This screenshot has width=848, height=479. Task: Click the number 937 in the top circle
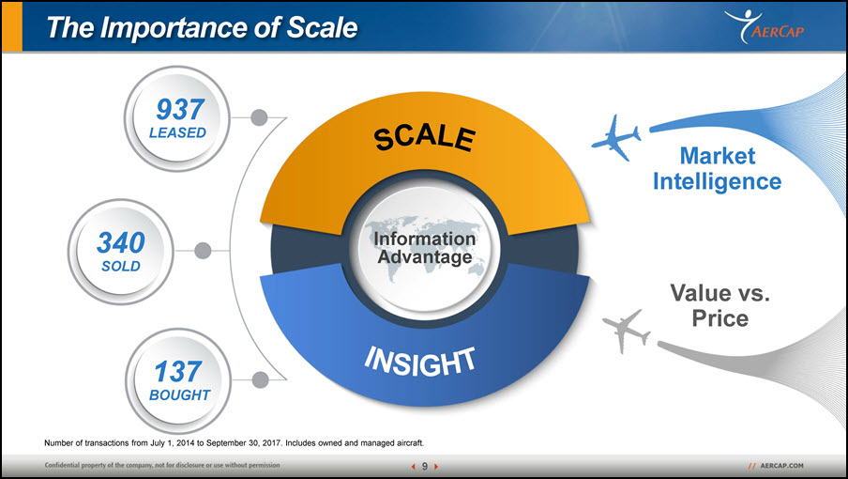pos(181,109)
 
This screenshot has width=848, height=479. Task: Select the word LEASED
pos(177,132)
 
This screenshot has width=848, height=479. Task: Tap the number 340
pos(121,242)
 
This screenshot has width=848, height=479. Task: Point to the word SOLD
pos(121,266)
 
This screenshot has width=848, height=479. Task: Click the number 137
pos(178,372)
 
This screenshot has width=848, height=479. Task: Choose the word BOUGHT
pos(179,395)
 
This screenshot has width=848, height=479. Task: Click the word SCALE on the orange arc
pos(425,137)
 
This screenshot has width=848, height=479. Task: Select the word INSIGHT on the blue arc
pos(420,362)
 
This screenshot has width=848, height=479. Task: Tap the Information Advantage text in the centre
pos(425,247)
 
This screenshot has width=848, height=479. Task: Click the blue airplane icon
pos(616,138)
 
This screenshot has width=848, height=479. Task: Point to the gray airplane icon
pos(627,332)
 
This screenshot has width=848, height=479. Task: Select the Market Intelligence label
pos(717,168)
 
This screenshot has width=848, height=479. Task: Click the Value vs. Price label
pos(719,305)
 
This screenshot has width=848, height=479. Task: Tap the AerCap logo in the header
pos(765,26)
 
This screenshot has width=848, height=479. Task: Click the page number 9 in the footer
pos(425,466)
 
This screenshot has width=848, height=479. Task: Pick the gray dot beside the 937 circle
pos(259,117)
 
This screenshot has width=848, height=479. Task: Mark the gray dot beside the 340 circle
pos(203,251)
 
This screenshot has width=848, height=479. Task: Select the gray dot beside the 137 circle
pos(260,380)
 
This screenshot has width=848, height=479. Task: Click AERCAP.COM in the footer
pos(781,466)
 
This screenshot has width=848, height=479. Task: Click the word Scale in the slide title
pos(322,27)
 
